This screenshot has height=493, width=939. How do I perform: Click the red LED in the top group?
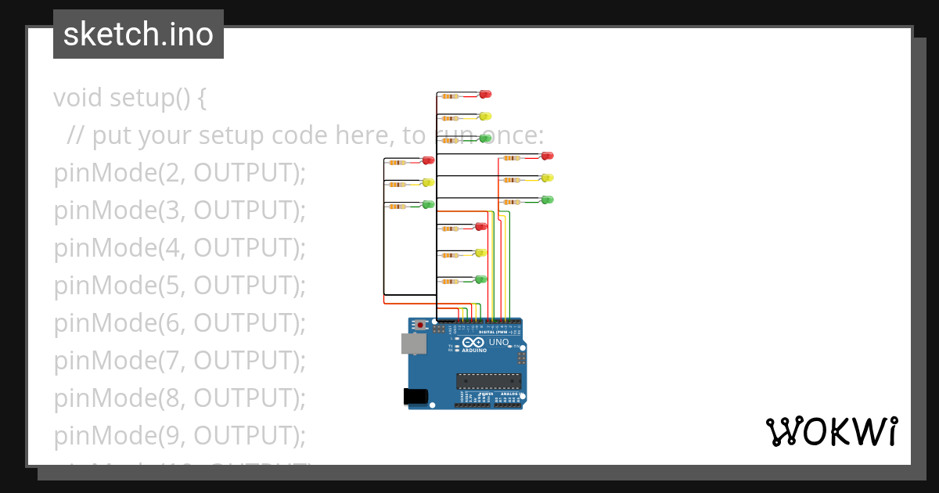pos(485,94)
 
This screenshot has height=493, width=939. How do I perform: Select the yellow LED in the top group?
pos(485,116)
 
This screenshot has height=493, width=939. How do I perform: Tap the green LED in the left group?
pos(428,204)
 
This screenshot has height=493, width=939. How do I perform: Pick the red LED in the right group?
pos(548,156)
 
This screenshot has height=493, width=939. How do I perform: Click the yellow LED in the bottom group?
pos(481,253)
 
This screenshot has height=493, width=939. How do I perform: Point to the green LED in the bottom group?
pos(481,279)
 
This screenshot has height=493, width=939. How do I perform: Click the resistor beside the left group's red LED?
pos(398,163)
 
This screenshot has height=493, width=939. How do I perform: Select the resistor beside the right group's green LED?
pos(513,202)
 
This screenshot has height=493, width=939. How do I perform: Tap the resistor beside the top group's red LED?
pos(450,96)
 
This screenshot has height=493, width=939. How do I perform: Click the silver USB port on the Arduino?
pos(412,343)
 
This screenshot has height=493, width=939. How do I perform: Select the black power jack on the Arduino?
pos(416,397)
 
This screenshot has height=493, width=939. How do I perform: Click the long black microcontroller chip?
pos(489,381)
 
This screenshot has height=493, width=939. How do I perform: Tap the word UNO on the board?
pos(498,343)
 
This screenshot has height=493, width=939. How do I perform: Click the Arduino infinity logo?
pos(473,343)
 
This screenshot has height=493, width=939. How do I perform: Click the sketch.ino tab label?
pos(139,34)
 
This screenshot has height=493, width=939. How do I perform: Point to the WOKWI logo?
pos(831,432)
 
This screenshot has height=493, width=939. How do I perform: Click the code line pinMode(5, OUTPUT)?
pos(179,286)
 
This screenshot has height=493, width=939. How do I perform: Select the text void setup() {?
pos(130,98)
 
